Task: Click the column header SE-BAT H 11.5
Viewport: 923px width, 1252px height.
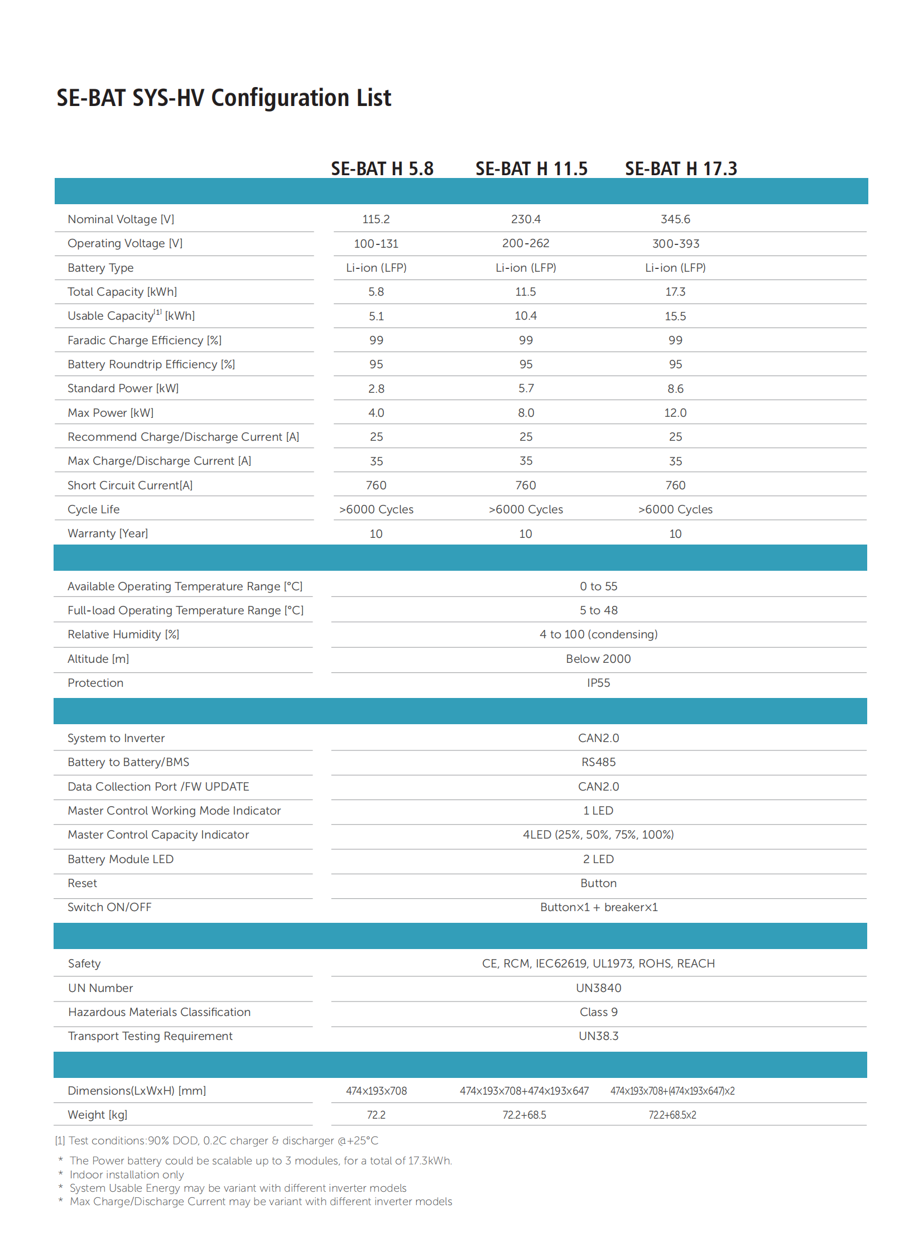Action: pos(531,168)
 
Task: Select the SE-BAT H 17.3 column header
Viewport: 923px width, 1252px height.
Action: pos(680,168)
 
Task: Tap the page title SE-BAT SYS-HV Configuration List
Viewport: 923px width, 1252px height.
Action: pos(223,98)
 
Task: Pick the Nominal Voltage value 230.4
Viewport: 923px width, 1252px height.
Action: pos(526,219)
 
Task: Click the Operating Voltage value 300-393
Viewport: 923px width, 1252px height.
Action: pos(675,244)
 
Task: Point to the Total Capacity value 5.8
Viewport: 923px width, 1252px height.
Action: pos(376,292)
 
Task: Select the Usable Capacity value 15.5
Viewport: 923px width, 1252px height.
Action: pos(675,316)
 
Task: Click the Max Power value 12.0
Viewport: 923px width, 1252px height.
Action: pos(675,413)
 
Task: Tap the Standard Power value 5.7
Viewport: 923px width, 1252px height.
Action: pos(526,388)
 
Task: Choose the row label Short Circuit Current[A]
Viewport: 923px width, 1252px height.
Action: pos(130,485)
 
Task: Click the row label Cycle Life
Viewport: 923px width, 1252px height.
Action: pos(93,509)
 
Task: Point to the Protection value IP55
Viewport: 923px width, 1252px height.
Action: pos(598,683)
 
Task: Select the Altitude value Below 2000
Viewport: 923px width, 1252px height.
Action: pos(598,659)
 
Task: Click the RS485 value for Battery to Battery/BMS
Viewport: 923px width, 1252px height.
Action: pos(598,762)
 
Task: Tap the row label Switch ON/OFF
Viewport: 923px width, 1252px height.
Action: pos(109,907)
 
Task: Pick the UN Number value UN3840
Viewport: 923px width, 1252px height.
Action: pos(598,988)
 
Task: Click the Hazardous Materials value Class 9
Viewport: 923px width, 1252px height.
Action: pos(598,1012)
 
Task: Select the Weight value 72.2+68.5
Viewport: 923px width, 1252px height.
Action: pos(524,1115)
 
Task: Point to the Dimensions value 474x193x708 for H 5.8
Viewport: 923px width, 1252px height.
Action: pos(376,1091)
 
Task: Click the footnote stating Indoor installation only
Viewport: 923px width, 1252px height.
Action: pos(127,1174)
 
